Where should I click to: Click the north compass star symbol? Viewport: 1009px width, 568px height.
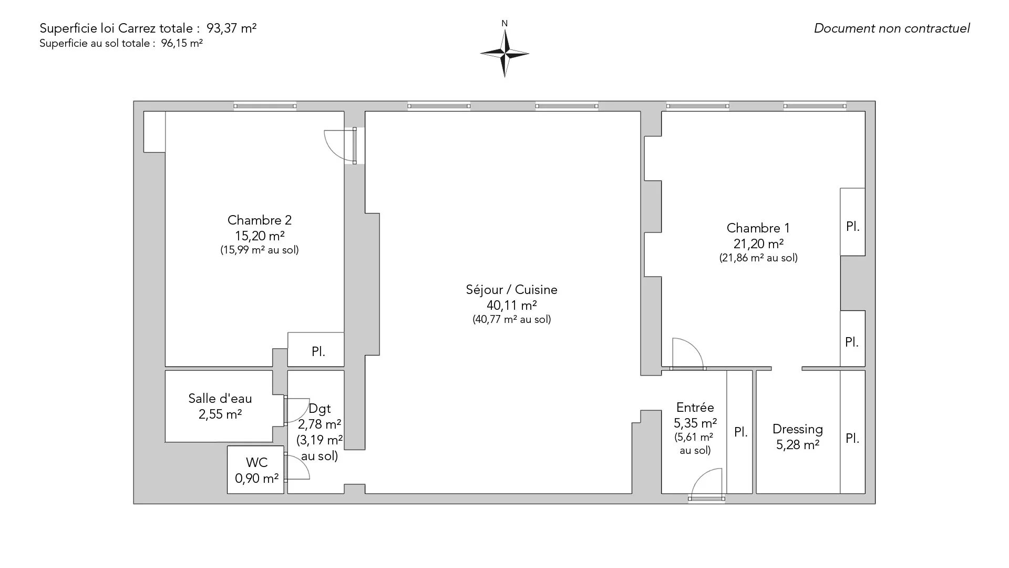(x=504, y=53)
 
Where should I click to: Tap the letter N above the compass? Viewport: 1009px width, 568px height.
(x=504, y=23)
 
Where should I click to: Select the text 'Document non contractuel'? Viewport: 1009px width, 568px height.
(x=892, y=28)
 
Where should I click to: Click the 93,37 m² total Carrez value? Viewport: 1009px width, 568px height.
(x=235, y=28)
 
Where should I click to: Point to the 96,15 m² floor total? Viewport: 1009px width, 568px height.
(x=182, y=43)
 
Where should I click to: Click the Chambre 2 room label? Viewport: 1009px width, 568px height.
(x=260, y=220)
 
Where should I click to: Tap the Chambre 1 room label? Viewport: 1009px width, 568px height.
(x=758, y=228)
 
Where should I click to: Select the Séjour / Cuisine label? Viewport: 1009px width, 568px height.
(x=511, y=289)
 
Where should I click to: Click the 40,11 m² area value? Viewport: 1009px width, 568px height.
(x=511, y=305)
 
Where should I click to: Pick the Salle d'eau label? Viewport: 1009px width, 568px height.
(x=220, y=399)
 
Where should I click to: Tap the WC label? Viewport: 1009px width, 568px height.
(x=256, y=462)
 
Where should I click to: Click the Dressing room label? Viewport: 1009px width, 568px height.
(x=798, y=429)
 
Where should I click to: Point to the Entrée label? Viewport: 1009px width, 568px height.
(x=695, y=407)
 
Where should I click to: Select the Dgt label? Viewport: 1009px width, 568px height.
(x=320, y=409)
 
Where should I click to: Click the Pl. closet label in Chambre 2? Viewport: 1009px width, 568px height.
(x=318, y=351)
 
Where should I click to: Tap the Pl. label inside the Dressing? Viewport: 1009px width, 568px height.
(x=852, y=438)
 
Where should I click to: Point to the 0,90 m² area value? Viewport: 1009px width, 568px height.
(x=256, y=479)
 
